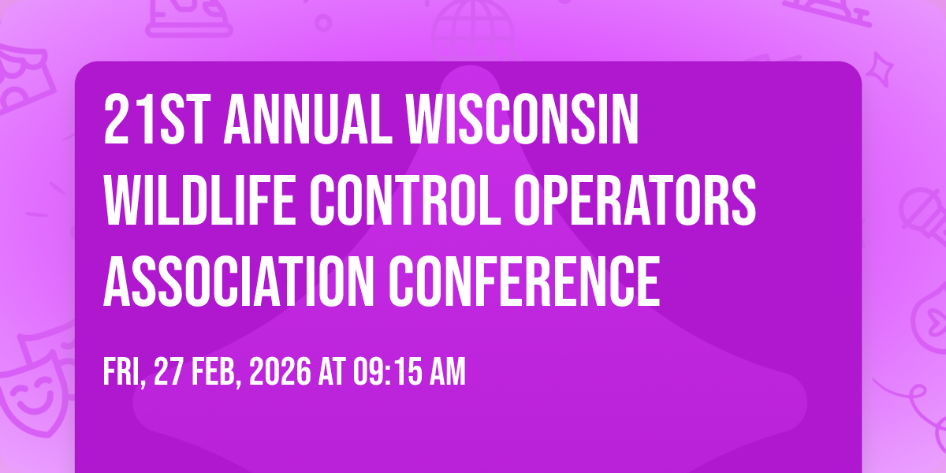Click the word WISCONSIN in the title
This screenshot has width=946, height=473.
point(523,119)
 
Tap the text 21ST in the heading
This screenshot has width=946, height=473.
point(157,119)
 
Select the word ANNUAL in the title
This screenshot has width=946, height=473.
point(308,119)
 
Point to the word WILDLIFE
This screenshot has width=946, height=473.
point(199,200)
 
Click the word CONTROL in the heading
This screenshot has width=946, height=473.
point(405,200)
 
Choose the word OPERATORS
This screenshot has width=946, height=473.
point(635,200)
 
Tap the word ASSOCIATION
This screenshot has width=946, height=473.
point(239,281)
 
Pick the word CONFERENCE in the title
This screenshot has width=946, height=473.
point(524,281)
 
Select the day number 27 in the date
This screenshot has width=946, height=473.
point(169,371)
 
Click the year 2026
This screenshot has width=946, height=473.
point(280,371)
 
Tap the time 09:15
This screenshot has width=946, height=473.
point(387,371)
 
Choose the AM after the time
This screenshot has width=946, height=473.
point(448,371)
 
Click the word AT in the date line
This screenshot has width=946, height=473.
point(332,371)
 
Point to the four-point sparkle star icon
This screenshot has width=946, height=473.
point(880,69)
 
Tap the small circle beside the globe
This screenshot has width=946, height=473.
point(323,23)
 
